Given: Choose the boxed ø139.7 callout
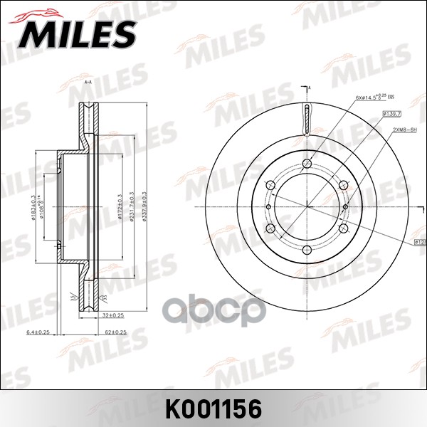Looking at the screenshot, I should (392, 113).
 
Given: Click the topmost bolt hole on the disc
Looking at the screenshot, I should (307, 167).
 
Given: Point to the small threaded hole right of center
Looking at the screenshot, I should (345, 207).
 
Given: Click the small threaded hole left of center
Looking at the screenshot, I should (269, 207).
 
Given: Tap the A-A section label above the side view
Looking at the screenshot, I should (88, 83).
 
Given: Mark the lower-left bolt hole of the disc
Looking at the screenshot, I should (272, 228).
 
